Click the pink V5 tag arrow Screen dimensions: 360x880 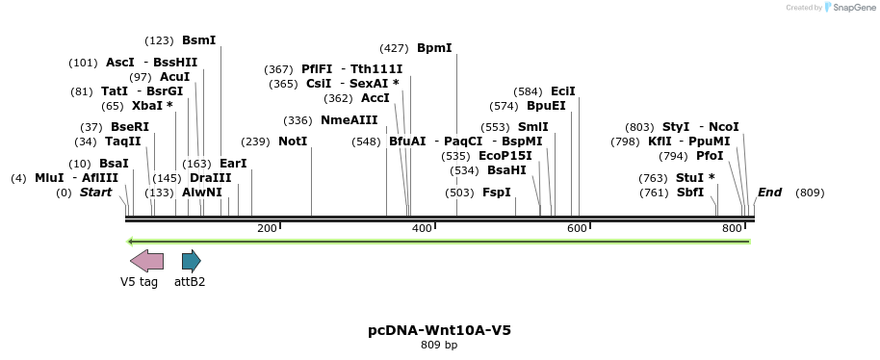tap(146, 260)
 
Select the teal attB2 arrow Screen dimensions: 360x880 tap(191, 260)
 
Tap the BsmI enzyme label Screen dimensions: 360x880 tap(199, 40)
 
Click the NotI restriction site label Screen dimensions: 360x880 tap(293, 141)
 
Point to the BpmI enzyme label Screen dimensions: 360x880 tap(434, 48)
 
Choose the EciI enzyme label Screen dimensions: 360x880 tap(563, 91)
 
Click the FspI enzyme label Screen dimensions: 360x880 tap(497, 193)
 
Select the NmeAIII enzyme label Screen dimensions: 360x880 tap(349, 120)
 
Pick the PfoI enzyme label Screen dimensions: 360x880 tap(710, 156)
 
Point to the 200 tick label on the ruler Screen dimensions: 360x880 tap(267, 228)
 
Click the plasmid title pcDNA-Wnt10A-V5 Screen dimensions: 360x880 tap(439, 330)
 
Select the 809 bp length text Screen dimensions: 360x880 tap(439, 345)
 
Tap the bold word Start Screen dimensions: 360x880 tap(95, 193)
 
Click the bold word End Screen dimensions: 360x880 tap(769, 193)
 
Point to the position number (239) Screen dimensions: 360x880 tap(255, 141)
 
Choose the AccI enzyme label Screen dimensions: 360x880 tap(375, 98)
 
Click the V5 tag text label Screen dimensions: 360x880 tap(139, 282)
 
